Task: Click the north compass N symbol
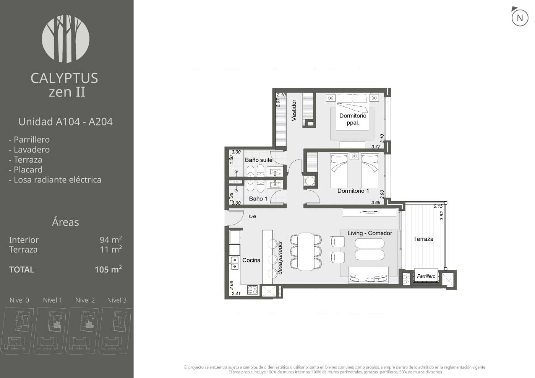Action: [x=520, y=18]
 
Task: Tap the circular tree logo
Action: [x=66, y=39]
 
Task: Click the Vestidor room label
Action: [x=294, y=110]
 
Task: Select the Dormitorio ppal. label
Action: [x=353, y=119]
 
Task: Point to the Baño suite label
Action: [x=259, y=160]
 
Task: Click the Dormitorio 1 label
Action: [x=353, y=191]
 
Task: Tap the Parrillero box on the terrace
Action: [x=426, y=276]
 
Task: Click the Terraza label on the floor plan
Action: [x=423, y=239]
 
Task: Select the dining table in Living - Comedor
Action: [x=306, y=252]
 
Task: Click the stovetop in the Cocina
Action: [x=253, y=290]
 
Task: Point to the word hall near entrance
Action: [x=252, y=217]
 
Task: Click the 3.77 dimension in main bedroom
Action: [x=376, y=147]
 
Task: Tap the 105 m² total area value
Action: [x=108, y=269]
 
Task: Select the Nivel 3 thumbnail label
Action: [x=117, y=300]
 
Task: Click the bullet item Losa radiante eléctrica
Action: [x=55, y=179]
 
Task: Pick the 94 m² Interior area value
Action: [x=111, y=240]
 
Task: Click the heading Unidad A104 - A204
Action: [x=66, y=122]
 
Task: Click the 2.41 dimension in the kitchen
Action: [x=236, y=293]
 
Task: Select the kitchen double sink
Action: [x=234, y=263]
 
